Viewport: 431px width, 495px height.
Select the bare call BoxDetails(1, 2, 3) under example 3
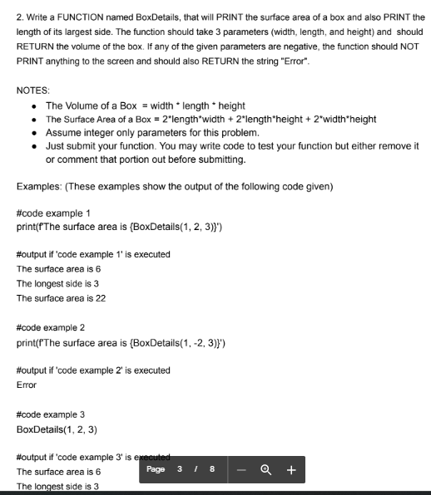57,429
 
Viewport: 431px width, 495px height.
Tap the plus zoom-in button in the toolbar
291,469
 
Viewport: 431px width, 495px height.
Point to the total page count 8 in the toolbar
211,469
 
